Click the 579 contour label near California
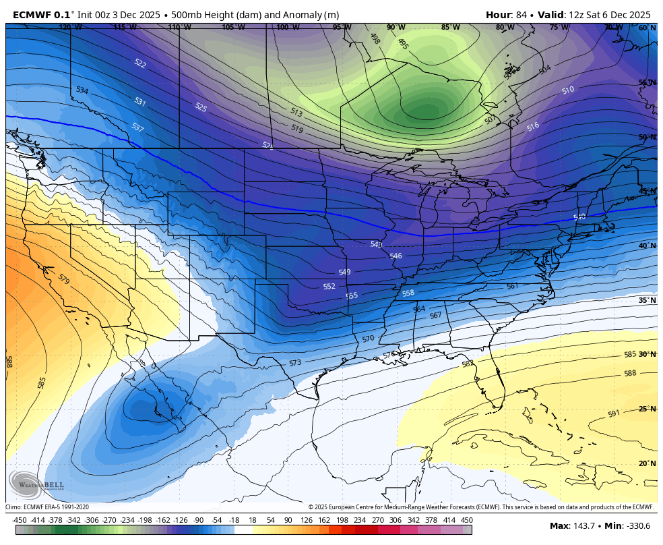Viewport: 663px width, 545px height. pos(63,279)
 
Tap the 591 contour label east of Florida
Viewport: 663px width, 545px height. pos(613,413)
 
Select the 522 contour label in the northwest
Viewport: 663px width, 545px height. pos(140,63)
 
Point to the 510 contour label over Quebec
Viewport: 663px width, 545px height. pos(568,90)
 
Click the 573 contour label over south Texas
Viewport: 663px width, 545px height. pos(295,363)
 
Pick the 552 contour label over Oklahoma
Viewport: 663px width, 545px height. pos(329,286)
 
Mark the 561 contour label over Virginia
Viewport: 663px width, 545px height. pos(512,286)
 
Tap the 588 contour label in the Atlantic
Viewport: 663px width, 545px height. pos(630,373)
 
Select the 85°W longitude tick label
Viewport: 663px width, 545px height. pos(450,28)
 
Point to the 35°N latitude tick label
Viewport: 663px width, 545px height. pos(647,300)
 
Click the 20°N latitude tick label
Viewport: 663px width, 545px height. pos(647,463)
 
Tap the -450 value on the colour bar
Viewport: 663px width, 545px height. pos(20,520)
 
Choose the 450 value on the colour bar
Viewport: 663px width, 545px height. pos(466,520)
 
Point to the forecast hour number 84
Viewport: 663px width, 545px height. pos(522,15)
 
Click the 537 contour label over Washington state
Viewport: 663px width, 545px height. pos(137,127)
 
